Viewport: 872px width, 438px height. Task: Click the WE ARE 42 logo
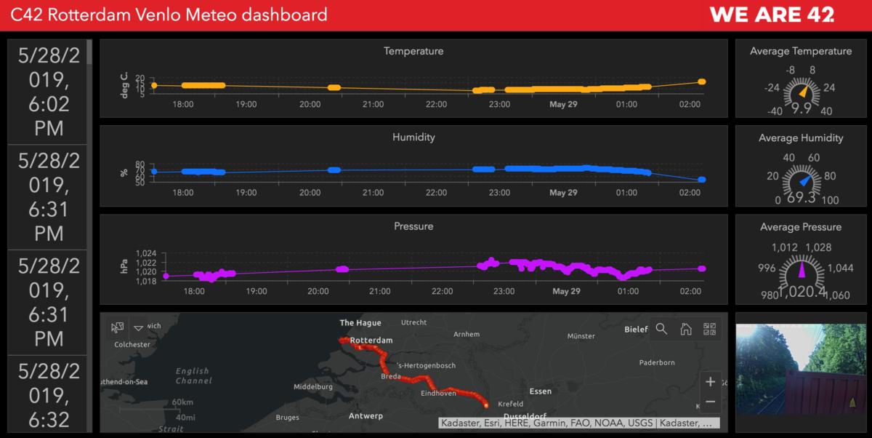pos(771,15)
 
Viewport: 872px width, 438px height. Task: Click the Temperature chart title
pos(413,52)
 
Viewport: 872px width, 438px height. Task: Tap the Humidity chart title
pos(413,137)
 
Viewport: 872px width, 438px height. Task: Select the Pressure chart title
pos(413,226)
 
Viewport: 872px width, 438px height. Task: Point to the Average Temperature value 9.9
pos(801,108)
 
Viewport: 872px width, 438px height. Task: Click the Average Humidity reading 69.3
pos(801,197)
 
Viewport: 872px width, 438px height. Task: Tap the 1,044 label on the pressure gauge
pos(839,268)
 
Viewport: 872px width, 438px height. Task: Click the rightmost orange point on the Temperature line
pos(702,82)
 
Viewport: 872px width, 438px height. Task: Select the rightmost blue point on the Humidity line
pos(702,180)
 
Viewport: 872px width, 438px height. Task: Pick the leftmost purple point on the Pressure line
pos(166,276)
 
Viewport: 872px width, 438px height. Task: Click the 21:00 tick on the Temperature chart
pos(373,105)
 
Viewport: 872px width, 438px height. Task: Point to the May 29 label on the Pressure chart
pos(566,292)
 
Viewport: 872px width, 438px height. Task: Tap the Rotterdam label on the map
pos(371,341)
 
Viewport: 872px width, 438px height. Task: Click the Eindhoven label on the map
pos(438,394)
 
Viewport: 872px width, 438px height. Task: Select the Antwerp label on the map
pos(365,416)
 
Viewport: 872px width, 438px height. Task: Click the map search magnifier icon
pos(661,329)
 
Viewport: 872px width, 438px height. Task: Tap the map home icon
pos(685,329)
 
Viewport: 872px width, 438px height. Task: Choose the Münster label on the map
pos(581,336)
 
